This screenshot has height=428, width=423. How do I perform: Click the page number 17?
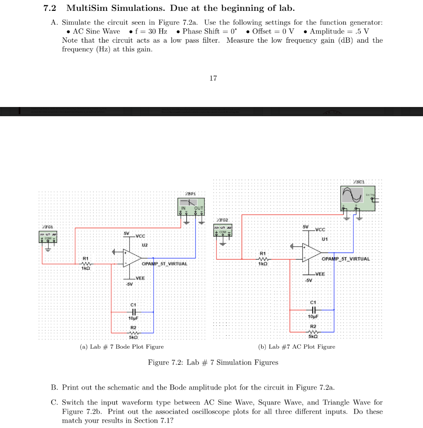(x=213, y=78)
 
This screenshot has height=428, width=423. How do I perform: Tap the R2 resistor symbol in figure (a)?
(x=133, y=332)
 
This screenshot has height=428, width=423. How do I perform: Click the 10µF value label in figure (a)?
(x=133, y=318)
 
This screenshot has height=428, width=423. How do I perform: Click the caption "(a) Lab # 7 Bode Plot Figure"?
(x=122, y=346)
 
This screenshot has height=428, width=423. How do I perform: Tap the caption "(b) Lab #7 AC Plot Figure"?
(x=297, y=346)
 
